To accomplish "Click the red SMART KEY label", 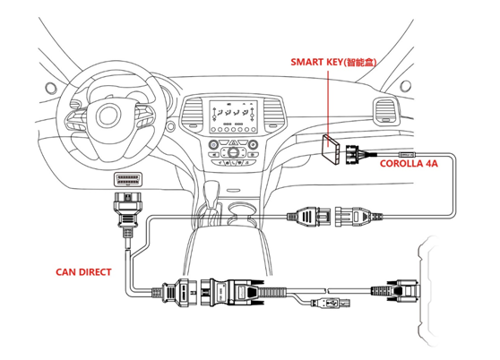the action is pyautogui.click(x=333, y=62).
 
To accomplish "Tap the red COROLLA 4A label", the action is pyautogui.click(x=409, y=164).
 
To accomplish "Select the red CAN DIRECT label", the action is pyautogui.click(x=83, y=272).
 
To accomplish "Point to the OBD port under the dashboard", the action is pyautogui.click(x=128, y=179).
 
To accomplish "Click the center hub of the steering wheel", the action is pyautogui.click(x=108, y=116).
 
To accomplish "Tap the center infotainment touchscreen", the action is pyautogui.click(x=233, y=116).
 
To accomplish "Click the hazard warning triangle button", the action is pyautogui.click(x=233, y=142).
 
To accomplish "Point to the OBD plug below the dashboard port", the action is pyautogui.click(x=126, y=210).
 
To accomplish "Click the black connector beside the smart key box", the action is pyautogui.click(x=352, y=154).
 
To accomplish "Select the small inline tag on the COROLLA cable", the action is pyautogui.click(x=407, y=154).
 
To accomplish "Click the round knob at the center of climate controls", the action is pyautogui.click(x=233, y=152).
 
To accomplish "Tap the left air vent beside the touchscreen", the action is pyautogui.click(x=192, y=114).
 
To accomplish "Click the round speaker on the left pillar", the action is pyautogui.click(x=51, y=88).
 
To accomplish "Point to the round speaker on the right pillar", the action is pyautogui.click(x=405, y=86).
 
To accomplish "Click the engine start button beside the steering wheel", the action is pyautogui.click(x=171, y=126).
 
